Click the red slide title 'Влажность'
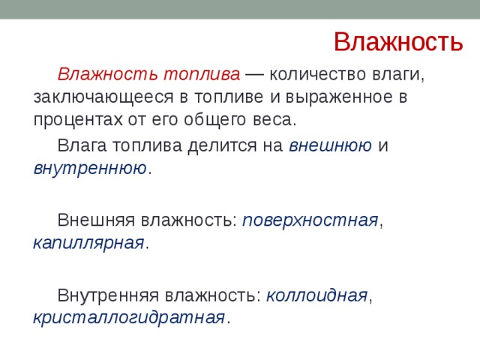point(397,41)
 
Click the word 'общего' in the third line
point(222,119)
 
